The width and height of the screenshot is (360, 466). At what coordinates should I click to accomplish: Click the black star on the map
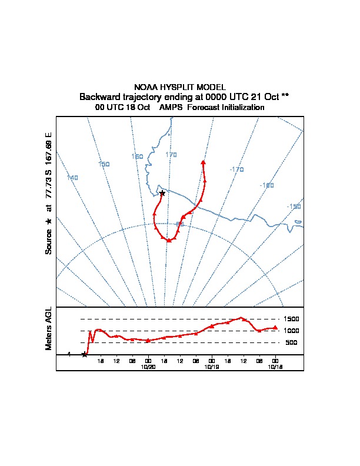click(x=162, y=193)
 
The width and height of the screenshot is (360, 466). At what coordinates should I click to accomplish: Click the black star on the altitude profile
click(x=85, y=354)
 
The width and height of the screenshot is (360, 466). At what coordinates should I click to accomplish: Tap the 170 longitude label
click(x=171, y=155)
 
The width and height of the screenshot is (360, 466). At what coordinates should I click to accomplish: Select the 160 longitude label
click(x=137, y=157)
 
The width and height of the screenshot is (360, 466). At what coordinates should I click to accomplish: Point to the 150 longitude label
click(x=104, y=164)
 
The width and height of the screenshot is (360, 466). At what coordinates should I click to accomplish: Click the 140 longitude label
click(x=72, y=178)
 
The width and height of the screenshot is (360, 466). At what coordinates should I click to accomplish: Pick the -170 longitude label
click(x=236, y=169)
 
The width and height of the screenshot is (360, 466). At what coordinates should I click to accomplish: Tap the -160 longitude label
click(x=266, y=185)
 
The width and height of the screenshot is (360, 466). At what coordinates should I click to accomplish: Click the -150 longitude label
click(x=294, y=207)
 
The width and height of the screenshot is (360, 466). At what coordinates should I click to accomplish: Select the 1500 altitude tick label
click(x=292, y=319)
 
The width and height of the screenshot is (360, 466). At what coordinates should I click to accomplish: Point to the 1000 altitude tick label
click(x=292, y=331)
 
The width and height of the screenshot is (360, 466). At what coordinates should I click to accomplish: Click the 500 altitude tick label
click(x=292, y=342)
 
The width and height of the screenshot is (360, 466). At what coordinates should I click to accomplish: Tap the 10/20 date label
click(x=148, y=367)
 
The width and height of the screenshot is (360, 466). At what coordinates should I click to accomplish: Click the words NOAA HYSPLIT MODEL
click(x=180, y=87)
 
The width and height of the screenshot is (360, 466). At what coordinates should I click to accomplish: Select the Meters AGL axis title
click(x=49, y=329)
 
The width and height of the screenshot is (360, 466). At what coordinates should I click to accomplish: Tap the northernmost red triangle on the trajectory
click(x=203, y=162)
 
